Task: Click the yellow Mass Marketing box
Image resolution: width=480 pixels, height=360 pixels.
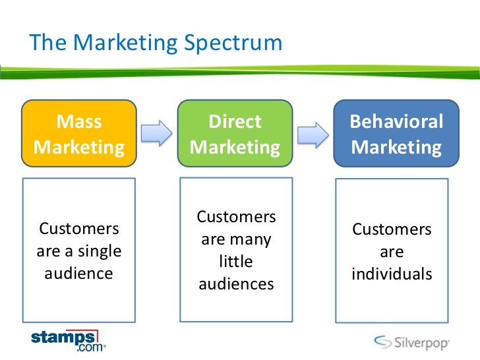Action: tap(79, 135)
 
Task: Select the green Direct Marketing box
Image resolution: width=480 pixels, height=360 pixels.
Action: tap(235, 135)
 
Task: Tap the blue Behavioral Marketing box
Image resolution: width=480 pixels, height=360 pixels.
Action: tap(396, 135)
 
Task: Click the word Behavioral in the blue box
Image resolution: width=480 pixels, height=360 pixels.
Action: tap(396, 123)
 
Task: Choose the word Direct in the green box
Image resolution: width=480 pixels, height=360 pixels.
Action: tap(235, 122)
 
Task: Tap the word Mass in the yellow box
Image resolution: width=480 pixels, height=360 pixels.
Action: tap(79, 122)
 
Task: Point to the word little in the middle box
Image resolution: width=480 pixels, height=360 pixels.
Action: tap(235, 262)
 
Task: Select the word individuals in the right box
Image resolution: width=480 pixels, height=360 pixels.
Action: tap(392, 273)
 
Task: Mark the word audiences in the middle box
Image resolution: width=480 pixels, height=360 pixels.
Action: tap(235, 284)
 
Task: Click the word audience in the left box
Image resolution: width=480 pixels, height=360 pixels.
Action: tap(79, 273)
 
